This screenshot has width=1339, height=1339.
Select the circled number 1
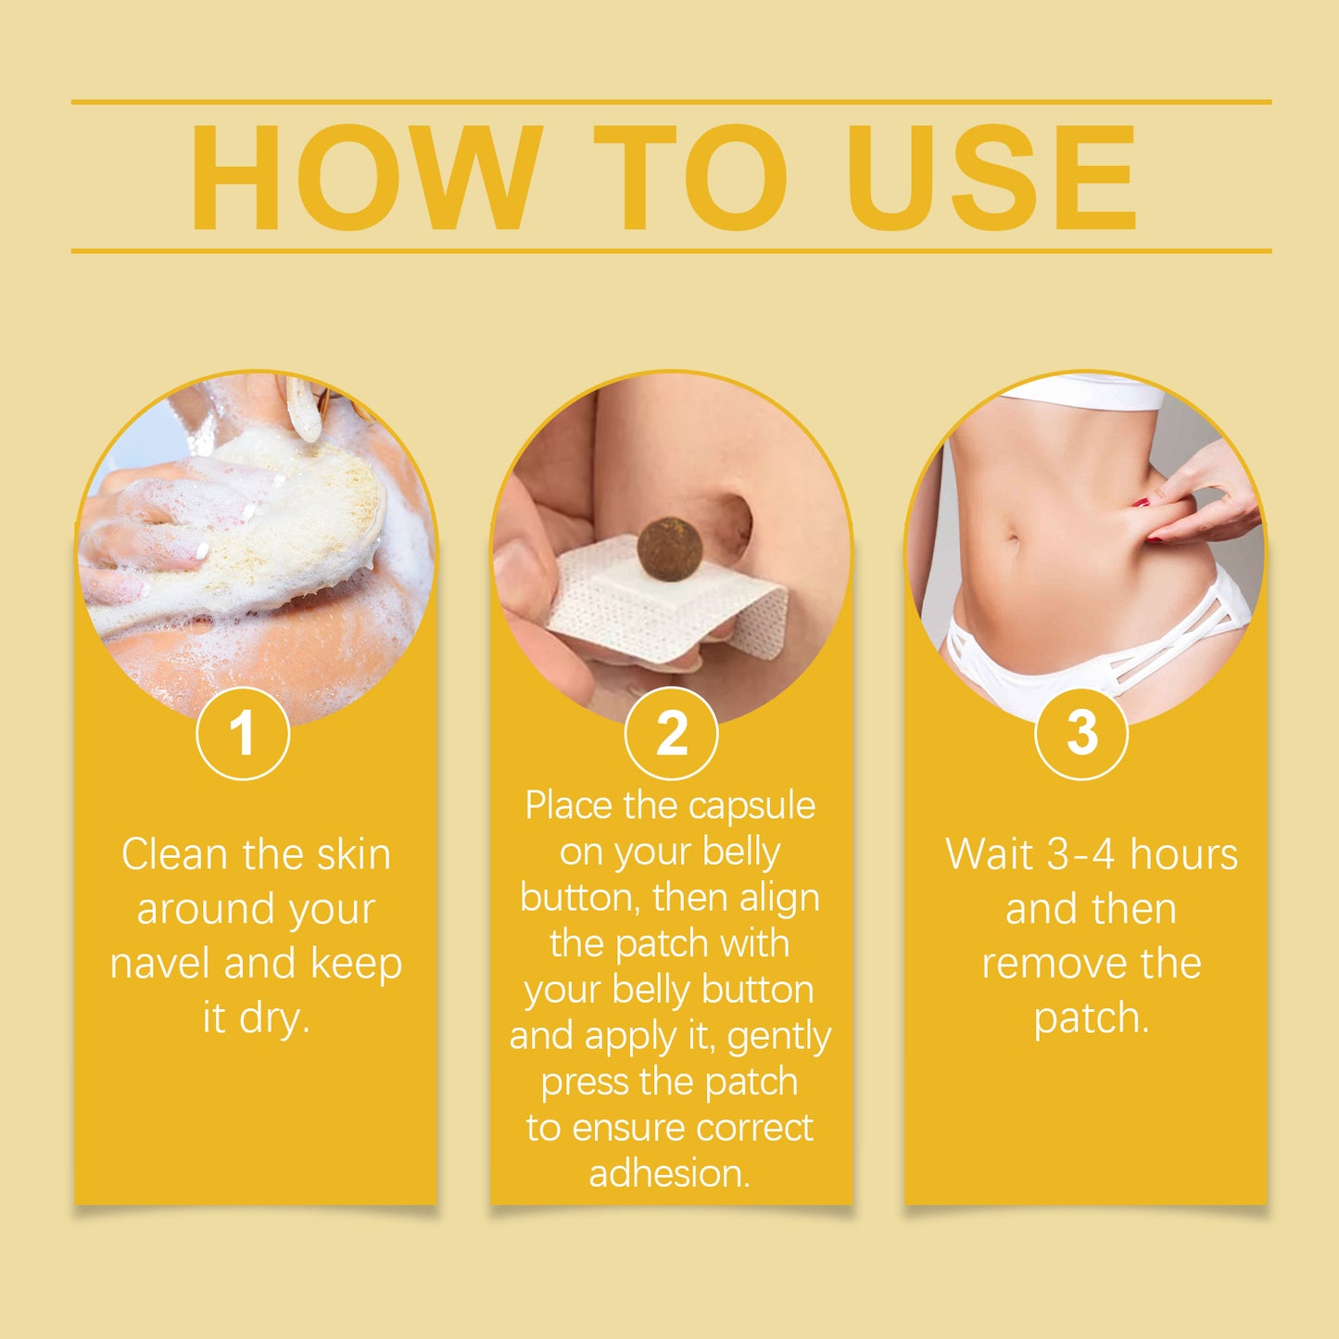pyautogui.click(x=243, y=734)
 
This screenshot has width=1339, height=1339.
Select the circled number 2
pyautogui.click(x=671, y=734)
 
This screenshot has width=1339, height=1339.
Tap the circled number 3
pyautogui.click(x=1080, y=734)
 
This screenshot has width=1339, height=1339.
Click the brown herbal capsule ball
pyautogui.click(x=670, y=549)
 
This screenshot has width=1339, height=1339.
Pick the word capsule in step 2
pyautogui.click(x=752, y=807)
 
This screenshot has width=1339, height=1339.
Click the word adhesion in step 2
pyautogui.click(x=669, y=1174)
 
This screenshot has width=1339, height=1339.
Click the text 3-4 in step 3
pyautogui.click(x=1081, y=854)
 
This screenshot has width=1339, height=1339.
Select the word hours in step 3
pyautogui.click(x=1183, y=854)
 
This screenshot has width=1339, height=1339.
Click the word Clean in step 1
pyautogui.click(x=174, y=854)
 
